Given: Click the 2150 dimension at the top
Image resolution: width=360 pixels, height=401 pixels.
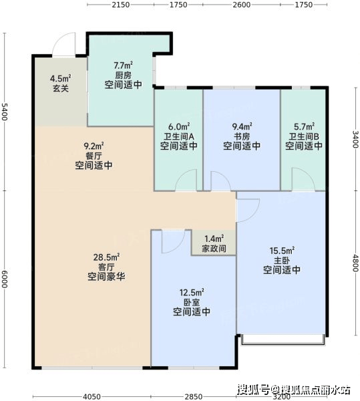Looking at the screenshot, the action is (x=121, y=5).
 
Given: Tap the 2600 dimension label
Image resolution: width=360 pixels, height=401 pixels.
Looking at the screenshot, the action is (x=241, y=5).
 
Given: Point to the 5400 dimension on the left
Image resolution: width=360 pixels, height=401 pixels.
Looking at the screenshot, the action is (x=5, y=112).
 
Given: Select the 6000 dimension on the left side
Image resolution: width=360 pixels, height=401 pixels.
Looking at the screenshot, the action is (x=5, y=279).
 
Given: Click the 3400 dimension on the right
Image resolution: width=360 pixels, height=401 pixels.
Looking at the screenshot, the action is (x=355, y=139).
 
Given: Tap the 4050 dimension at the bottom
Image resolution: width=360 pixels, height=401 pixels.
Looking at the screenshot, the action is (x=92, y=396).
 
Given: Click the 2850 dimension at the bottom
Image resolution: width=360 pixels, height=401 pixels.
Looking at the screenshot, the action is (x=194, y=396).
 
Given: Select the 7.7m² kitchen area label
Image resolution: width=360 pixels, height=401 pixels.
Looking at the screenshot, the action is (x=123, y=65).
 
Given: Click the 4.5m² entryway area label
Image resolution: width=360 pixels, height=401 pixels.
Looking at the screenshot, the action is (x=61, y=78).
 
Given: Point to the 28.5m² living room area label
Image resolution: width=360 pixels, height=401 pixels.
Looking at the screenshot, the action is (x=107, y=257).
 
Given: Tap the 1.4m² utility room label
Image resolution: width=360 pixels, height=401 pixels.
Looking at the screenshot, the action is (x=214, y=239).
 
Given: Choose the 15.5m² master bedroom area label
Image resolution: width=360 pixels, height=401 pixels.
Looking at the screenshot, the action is (x=282, y=251).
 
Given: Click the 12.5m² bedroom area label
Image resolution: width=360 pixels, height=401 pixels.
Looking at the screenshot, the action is (x=192, y=292).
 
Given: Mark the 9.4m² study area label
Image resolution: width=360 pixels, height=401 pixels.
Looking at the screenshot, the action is (x=242, y=126).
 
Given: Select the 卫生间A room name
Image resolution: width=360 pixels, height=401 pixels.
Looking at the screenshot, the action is (x=179, y=136).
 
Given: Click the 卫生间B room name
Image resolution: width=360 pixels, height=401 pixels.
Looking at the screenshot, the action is (x=304, y=136).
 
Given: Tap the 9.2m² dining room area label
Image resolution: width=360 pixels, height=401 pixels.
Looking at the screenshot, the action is (x=94, y=146).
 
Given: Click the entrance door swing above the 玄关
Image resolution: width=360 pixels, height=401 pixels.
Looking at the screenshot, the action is (x=64, y=44).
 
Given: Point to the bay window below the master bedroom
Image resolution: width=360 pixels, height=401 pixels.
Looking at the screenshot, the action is (x=283, y=340).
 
